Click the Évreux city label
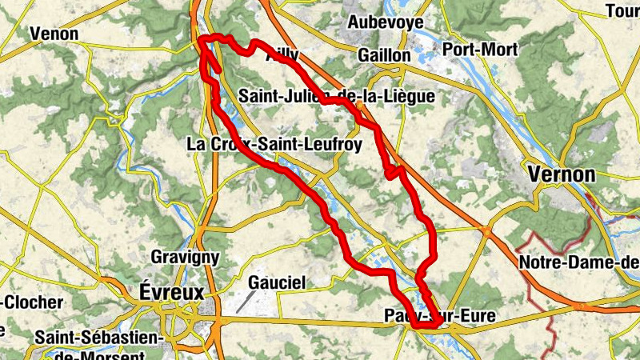pyautogui.click(x=171, y=291)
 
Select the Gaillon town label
pyautogui.click(x=384, y=56)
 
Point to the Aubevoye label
pyautogui.click(x=386, y=22)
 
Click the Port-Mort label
pyautogui.click(x=480, y=50)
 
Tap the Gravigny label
pyautogui.click(x=185, y=258)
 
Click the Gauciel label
pyautogui.click(x=277, y=282)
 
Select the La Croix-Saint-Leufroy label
pyautogui.click(x=274, y=145)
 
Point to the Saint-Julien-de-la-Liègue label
pyautogui.click(x=336, y=97)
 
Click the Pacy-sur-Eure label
pyautogui.click(x=439, y=317)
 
